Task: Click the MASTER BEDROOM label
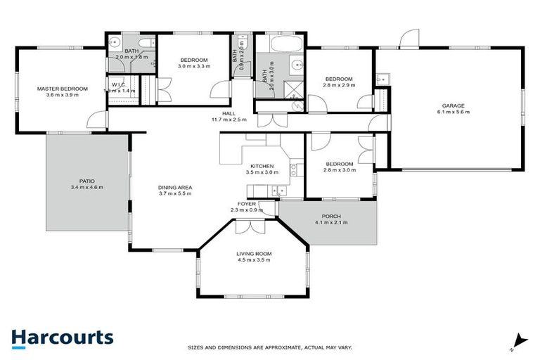tap(63, 89)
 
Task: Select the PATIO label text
tap(87, 181)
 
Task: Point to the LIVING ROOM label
tap(254, 254)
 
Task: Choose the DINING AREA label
tap(175, 187)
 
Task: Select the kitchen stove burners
tap(293, 169)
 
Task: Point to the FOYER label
tap(246, 203)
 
